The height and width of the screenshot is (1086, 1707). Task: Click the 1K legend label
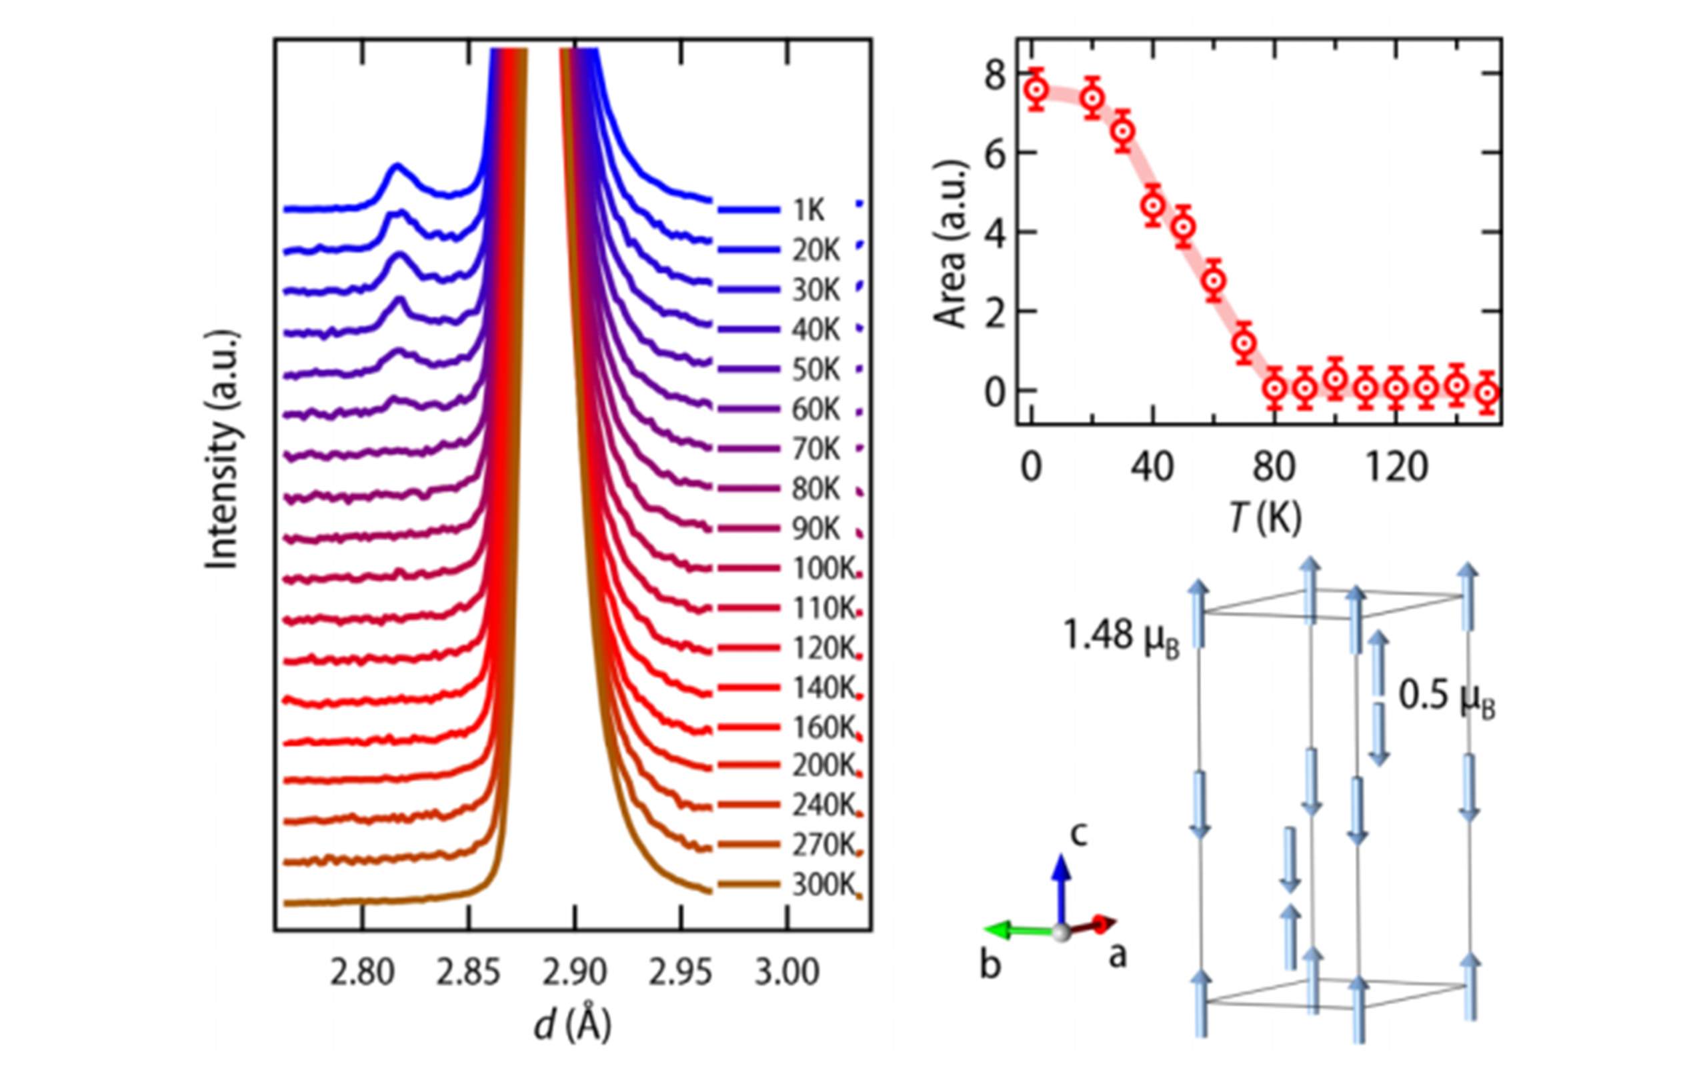click(808, 210)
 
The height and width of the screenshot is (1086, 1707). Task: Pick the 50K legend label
click(815, 369)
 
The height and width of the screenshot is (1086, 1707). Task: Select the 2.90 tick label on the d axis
click(575, 972)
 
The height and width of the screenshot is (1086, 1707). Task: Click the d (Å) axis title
click(572, 1023)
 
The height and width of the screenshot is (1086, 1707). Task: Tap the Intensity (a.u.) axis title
click(222, 449)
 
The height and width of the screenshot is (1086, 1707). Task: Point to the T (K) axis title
click(1265, 518)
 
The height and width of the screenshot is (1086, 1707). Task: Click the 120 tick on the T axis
click(1396, 469)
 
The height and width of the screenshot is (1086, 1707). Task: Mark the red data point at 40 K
click(1154, 205)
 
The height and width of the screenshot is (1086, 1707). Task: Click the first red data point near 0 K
click(1037, 90)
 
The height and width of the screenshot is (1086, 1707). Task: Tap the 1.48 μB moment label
click(1120, 636)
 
